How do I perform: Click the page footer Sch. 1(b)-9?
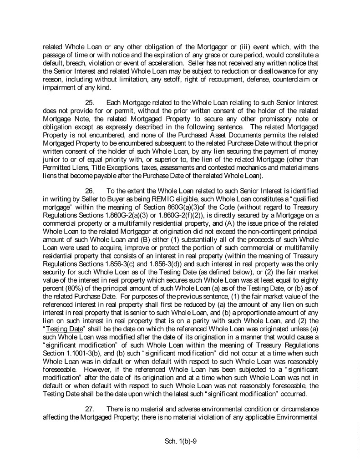[x=180, y=441]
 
